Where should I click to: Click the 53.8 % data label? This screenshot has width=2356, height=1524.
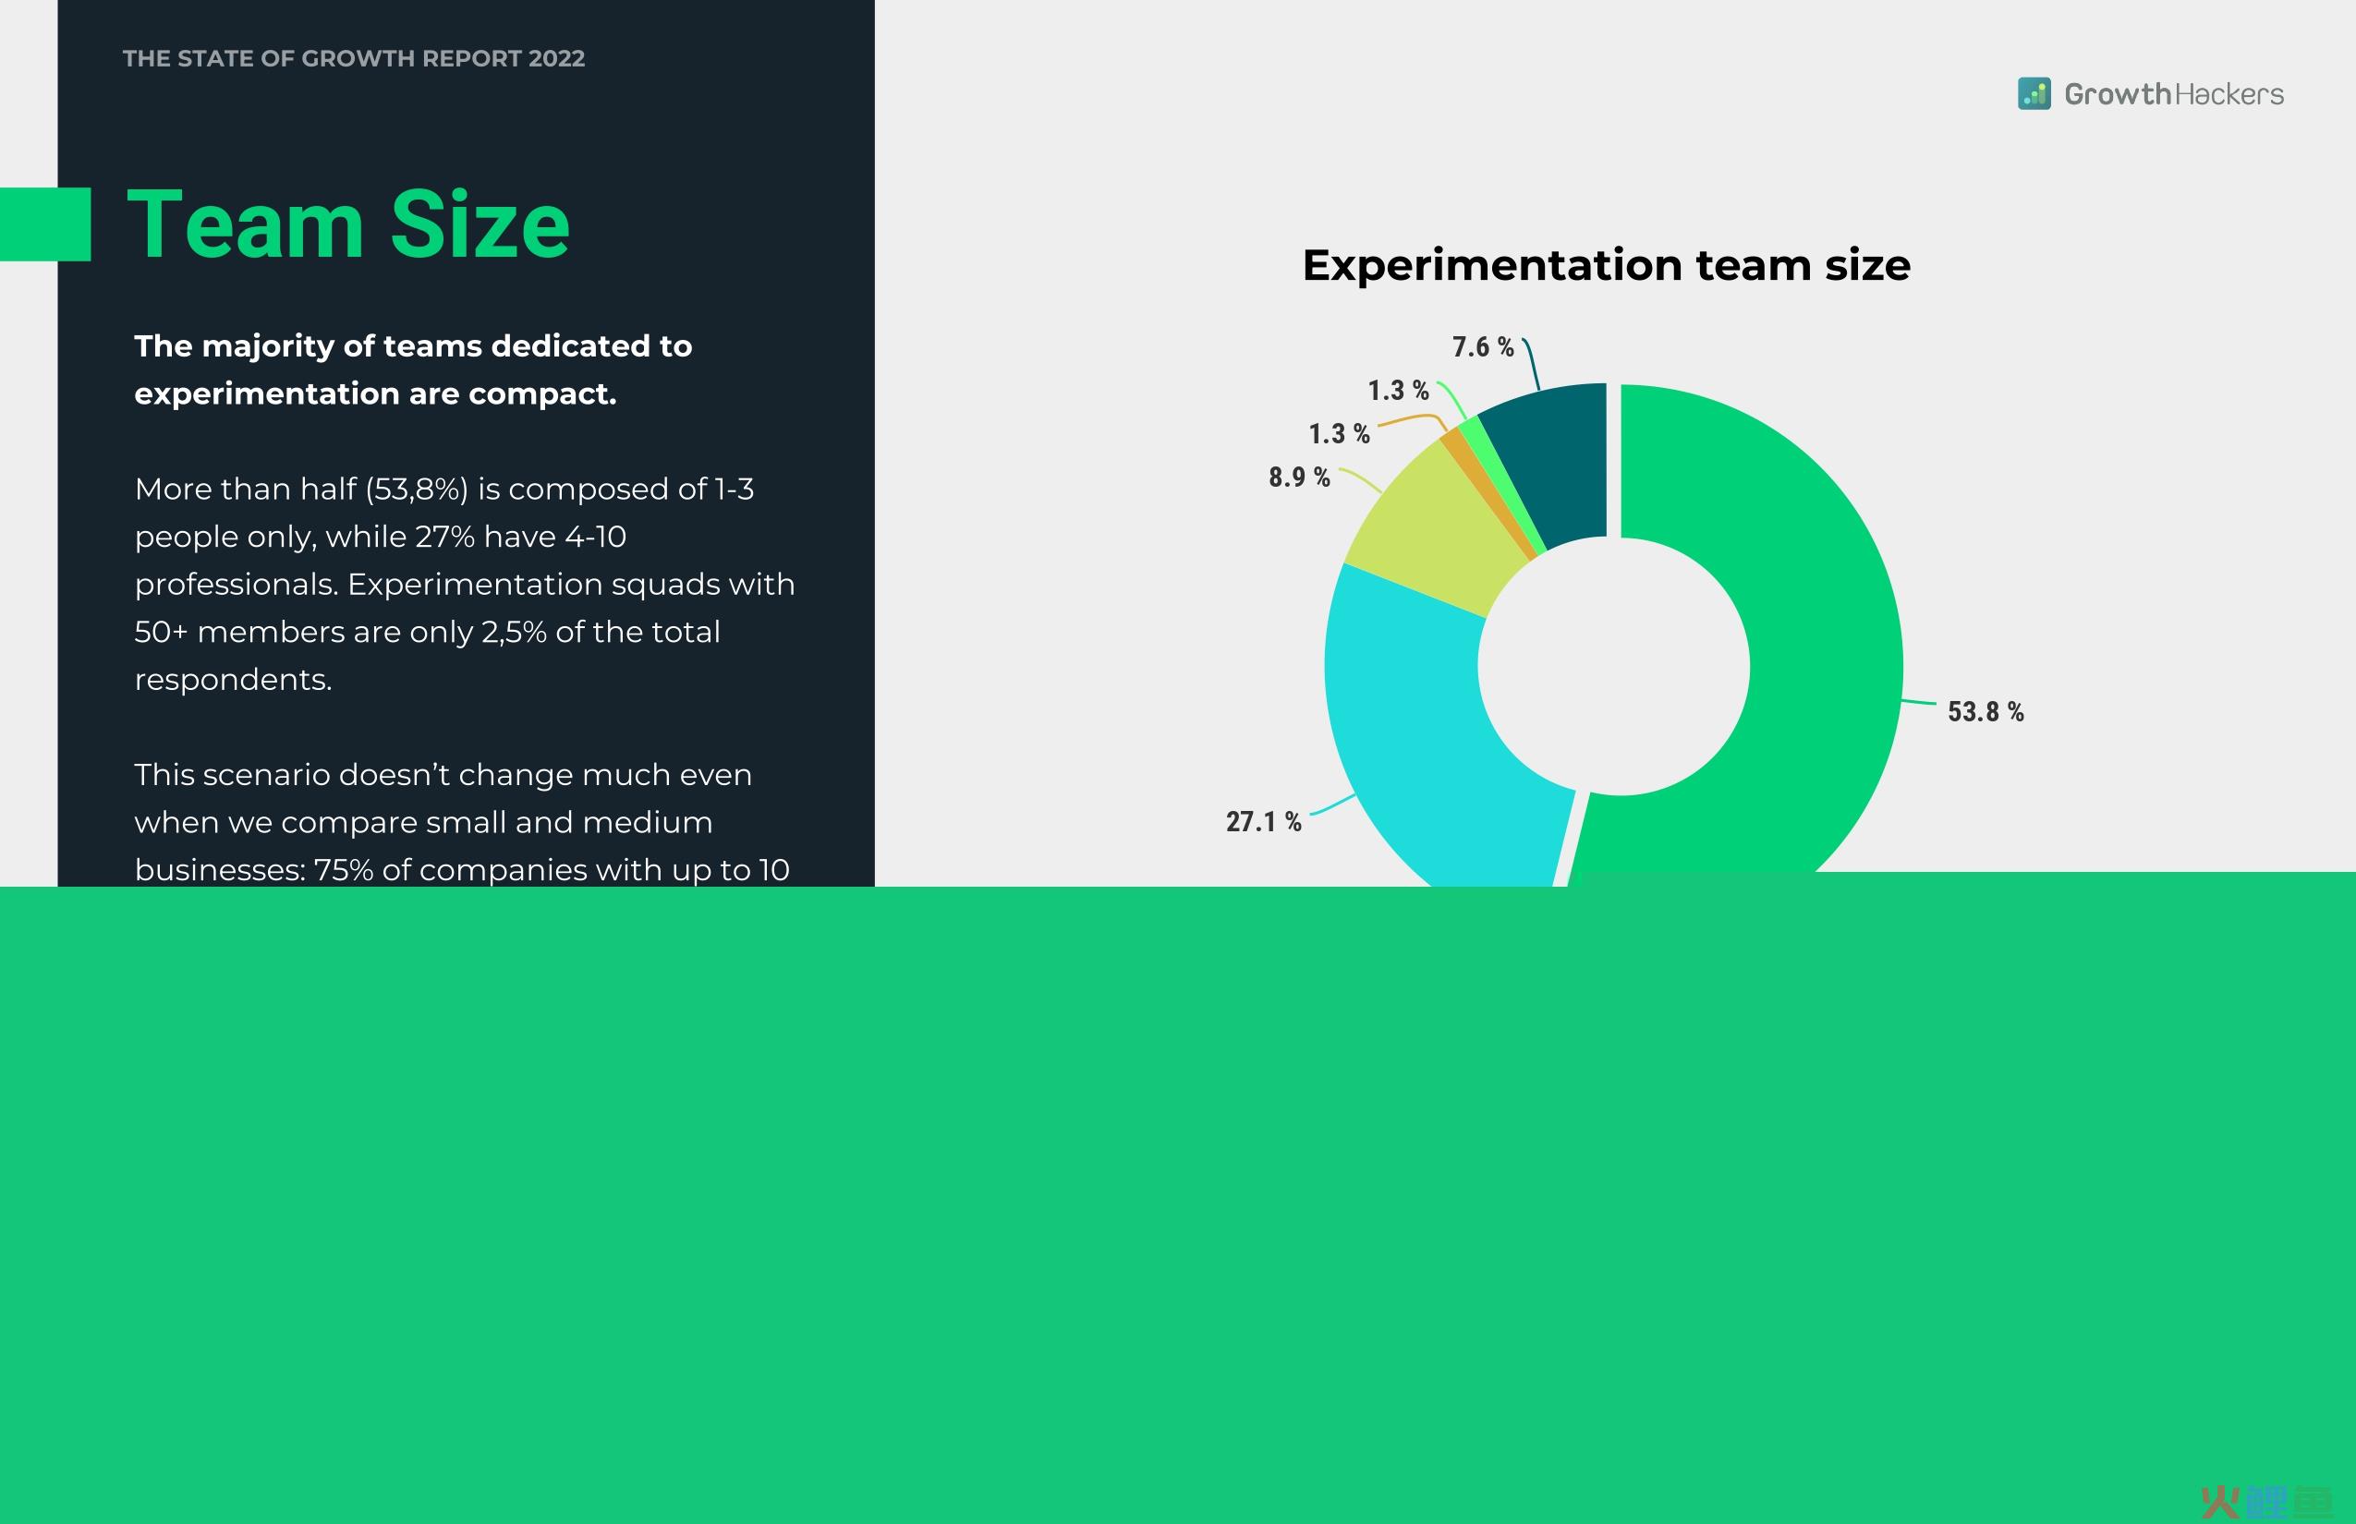click(1985, 711)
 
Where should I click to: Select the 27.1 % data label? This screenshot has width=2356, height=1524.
click(1263, 821)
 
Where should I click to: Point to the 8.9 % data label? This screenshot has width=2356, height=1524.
click(1299, 477)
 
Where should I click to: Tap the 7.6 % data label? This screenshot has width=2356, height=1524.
click(1483, 346)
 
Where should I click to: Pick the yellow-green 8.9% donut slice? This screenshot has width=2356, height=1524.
click(1436, 529)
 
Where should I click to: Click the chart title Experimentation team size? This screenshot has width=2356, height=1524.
click(1606, 265)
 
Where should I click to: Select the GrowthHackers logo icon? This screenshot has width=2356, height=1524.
click(2034, 94)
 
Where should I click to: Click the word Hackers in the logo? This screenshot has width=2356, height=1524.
click(2229, 94)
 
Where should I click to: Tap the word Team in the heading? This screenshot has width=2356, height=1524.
click(246, 224)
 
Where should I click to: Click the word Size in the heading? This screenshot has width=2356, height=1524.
click(480, 224)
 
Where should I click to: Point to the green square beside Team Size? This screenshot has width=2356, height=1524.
click(45, 224)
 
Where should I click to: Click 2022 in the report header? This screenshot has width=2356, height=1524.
click(556, 58)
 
